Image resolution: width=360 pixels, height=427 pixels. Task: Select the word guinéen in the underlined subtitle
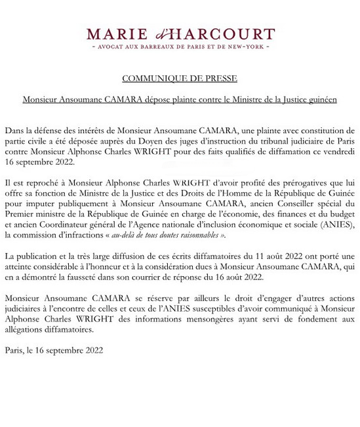[321, 100]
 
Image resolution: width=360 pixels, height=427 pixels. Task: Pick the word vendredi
[338, 151]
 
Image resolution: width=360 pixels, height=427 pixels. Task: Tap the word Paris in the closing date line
[15, 350]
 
